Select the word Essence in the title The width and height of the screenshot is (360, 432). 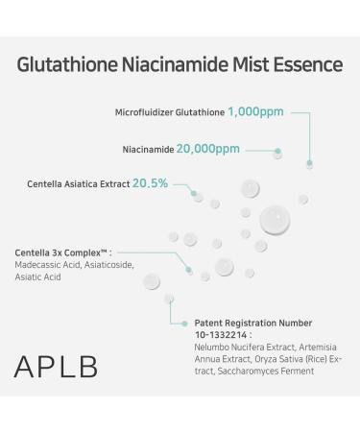click(x=309, y=65)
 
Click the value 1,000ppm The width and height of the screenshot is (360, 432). click(x=256, y=112)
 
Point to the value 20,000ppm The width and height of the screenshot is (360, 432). click(x=207, y=150)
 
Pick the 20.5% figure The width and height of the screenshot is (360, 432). click(x=151, y=182)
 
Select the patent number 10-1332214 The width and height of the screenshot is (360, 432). click(x=222, y=335)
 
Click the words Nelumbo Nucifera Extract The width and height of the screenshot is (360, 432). click(x=236, y=347)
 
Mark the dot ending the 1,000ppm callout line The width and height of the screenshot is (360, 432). click(x=309, y=164)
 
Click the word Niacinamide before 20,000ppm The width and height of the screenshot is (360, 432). click(x=148, y=151)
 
